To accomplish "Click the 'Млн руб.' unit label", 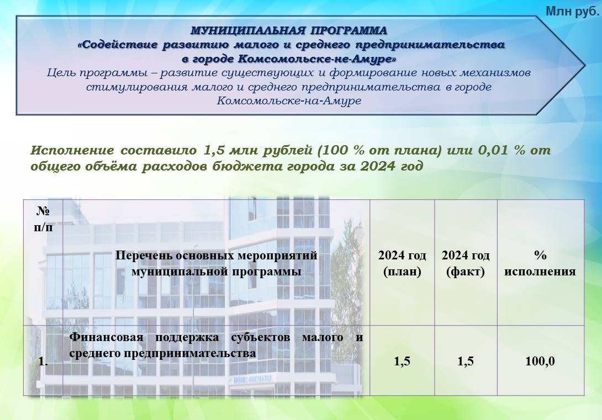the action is point(572,12).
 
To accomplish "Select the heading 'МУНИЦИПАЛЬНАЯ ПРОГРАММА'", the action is point(289,30).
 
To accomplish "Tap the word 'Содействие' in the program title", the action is point(118,45).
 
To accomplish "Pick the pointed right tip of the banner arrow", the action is point(585,66).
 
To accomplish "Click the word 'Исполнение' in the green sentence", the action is point(72,150).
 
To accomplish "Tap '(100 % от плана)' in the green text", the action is point(380,150).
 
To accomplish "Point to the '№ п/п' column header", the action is point(44,219).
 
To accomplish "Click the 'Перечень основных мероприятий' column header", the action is point(216,255).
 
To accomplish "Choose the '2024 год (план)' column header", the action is point(402,263).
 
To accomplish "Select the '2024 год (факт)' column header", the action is point(466,263).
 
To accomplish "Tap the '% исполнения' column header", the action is point(540,263).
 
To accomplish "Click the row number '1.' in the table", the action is point(43,361).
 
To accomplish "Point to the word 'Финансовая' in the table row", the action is point(106,338).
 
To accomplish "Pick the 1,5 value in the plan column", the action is point(402,361).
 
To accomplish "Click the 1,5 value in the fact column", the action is point(466,361).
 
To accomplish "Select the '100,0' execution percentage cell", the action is point(540,361).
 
